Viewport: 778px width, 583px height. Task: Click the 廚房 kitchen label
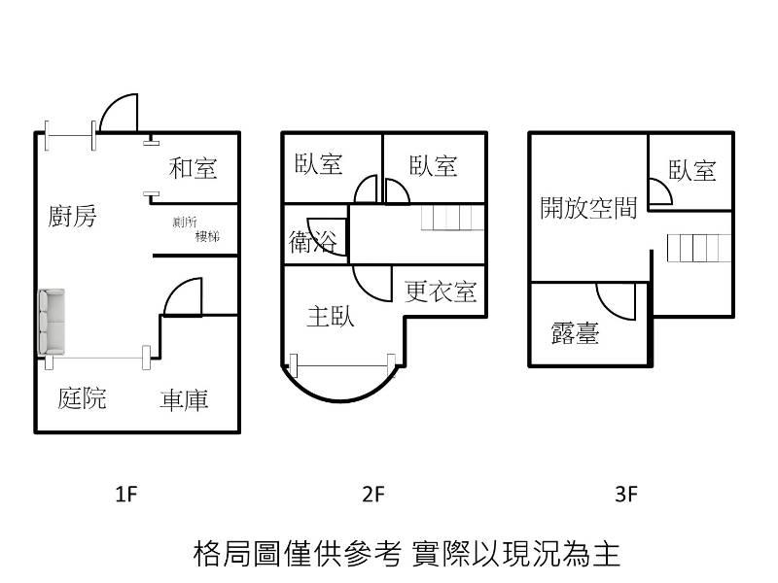pyautogui.click(x=73, y=216)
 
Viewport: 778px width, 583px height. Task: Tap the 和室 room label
pyautogui.click(x=193, y=168)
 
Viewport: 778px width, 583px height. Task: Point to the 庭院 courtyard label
pyautogui.click(x=82, y=397)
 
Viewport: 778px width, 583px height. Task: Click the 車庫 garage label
pyautogui.click(x=184, y=398)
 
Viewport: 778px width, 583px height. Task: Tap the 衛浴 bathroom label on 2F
pyautogui.click(x=313, y=242)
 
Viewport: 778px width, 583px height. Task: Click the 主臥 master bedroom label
pyautogui.click(x=331, y=316)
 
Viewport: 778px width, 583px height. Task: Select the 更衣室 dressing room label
pyautogui.click(x=441, y=291)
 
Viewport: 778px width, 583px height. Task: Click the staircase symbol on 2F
pyautogui.click(x=451, y=218)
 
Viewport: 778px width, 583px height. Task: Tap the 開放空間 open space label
pyautogui.click(x=588, y=207)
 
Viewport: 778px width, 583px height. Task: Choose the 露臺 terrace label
pyautogui.click(x=574, y=334)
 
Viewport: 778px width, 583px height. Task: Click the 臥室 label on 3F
pyautogui.click(x=692, y=170)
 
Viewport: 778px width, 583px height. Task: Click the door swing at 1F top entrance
pyautogui.click(x=118, y=111)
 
